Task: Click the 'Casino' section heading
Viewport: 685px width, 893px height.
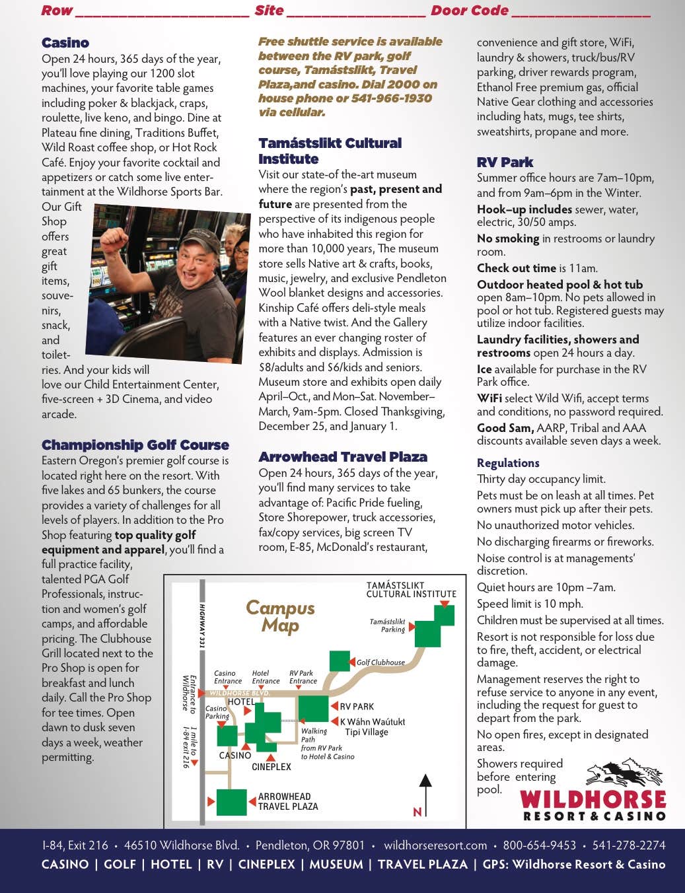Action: [65, 43]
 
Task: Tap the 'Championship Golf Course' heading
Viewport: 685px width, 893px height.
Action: [135, 445]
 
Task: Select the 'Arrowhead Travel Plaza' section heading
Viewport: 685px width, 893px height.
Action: [343, 457]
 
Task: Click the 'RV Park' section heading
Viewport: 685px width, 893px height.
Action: [505, 162]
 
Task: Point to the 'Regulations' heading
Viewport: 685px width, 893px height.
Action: [508, 463]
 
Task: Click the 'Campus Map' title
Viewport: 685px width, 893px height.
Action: [280, 616]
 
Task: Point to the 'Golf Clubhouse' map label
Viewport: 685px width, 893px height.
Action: [380, 662]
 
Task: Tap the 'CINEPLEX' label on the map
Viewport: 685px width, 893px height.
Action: [271, 767]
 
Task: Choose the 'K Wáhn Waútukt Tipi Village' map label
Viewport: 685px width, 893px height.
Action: [372, 727]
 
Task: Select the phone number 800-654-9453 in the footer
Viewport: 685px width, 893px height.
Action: [539, 845]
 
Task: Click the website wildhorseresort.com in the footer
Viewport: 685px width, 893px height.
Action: [435, 845]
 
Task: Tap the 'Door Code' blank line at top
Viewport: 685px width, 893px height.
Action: [581, 11]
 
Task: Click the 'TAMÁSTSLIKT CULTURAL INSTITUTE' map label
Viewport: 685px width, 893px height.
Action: [411, 590]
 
